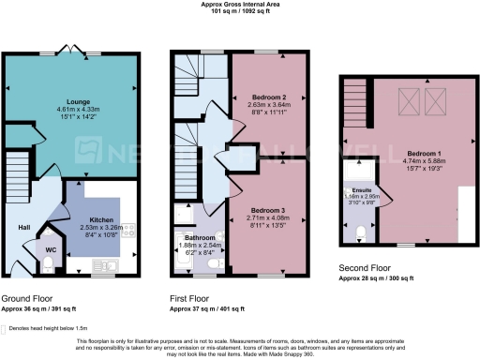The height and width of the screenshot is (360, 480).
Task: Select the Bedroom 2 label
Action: (x=269, y=97)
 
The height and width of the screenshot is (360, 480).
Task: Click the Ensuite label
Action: (x=361, y=190)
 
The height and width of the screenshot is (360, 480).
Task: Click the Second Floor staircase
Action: (x=355, y=95)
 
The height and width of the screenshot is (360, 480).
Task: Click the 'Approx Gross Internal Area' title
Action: (x=239, y=5)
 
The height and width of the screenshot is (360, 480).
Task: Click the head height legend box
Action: (x=10, y=328)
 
